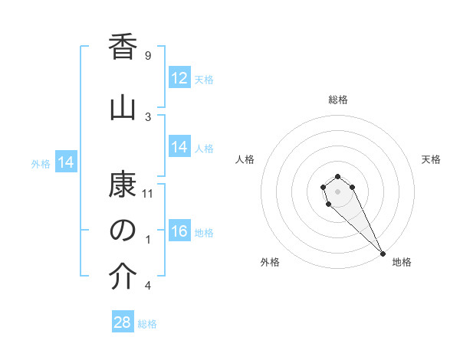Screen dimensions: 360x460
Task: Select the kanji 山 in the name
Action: tap(123, 107)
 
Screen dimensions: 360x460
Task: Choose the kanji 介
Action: tap(123, 277)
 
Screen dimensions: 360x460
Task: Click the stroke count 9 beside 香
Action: tap(148, 56)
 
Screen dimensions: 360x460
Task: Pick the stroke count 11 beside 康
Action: tap(149, 193)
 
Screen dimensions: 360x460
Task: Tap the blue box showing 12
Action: tap(179, 78)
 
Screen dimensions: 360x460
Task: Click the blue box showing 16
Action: tap(179, 231)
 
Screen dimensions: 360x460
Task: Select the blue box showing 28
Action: tap(123, 322)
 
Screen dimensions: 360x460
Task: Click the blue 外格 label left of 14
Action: tap(41, 163)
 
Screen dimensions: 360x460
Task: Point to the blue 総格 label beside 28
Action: tap(147, 324)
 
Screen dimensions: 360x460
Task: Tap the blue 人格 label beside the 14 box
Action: tap(204, 148)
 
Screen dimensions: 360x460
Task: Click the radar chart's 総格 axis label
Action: tap(338, 100)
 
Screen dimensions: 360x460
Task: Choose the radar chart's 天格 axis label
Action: tap(431, 159)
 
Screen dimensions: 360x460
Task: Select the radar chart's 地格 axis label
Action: tap(402, 263)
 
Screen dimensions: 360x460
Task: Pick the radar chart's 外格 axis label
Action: tap(270, 263)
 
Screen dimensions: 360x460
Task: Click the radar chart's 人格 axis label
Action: tap(245, 159)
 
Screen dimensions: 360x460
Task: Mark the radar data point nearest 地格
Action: tap(383, 254)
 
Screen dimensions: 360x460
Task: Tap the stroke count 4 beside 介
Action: tap(148, 286)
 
